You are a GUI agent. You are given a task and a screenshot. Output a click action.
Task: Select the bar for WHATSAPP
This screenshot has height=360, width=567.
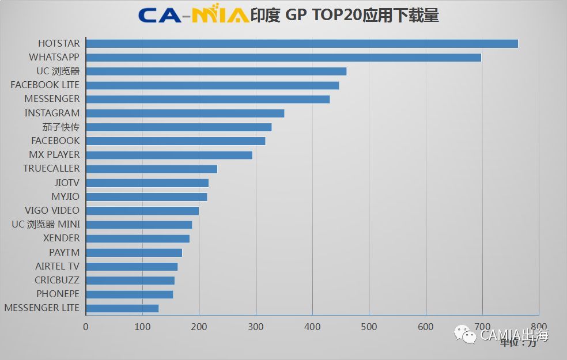tap(283, 58)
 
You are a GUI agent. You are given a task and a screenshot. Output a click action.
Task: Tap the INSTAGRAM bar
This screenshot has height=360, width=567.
tap(184, 113)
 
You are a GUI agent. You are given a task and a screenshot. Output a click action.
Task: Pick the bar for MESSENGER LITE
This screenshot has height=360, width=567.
tap(122, 308)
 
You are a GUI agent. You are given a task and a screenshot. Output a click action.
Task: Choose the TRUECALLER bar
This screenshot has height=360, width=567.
tap(151, 169)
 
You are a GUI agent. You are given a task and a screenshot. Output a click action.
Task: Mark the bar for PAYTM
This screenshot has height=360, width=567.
tap(134, 252)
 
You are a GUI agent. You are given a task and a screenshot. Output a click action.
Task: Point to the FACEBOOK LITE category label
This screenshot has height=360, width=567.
tap(45, 85)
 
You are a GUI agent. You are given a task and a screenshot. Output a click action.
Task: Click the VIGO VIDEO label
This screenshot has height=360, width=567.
tap(52, 210)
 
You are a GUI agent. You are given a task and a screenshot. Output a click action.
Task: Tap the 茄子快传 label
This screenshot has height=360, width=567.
tap(61, 127)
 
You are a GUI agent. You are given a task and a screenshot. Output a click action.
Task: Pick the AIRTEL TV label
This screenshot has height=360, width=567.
tap(58, 266)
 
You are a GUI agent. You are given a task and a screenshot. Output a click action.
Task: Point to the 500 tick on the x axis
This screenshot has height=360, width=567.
tap(369, 327)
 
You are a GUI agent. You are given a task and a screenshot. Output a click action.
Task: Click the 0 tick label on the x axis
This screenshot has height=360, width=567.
tap(86, 327)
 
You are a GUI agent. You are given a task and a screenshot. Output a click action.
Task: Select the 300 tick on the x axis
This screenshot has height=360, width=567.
tap(256, 327)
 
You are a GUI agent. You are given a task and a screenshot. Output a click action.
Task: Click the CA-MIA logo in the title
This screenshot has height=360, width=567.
tap(193, 15)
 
